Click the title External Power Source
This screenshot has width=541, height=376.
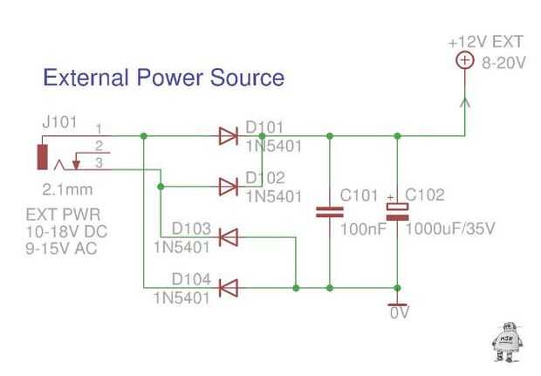click(x=164, y=78)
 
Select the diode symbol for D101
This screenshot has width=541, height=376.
click(x=229, y=135)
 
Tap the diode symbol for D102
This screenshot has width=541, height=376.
click(x=229, y=186)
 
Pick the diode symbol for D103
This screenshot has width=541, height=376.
click(x=229, y=236)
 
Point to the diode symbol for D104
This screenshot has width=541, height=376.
click(x=229, y=286)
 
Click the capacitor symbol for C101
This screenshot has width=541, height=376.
click(x=330, y=211)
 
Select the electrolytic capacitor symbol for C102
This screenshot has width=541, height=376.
click(x=398, y=210)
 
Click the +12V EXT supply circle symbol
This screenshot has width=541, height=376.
click(x=464, y=60)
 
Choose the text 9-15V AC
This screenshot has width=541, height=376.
click(x=60, y=248)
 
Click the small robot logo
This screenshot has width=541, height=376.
click(x=506, y=340)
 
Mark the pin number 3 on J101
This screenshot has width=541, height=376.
click(x=99, y=163)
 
